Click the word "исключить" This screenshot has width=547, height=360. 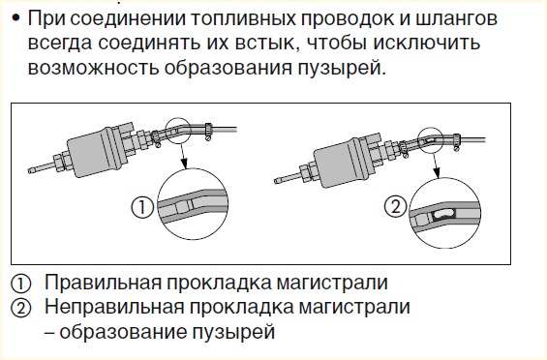point(427,43)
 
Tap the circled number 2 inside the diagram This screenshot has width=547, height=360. point(396,206)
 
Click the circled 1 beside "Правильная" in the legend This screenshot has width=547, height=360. point(21,284)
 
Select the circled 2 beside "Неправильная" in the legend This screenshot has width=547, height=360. point(21,308)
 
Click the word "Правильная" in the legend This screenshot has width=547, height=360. point(103,283)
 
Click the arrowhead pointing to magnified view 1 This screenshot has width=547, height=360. point(184,163)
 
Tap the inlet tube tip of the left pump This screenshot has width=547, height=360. point(31,170)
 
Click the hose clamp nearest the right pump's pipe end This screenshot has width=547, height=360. point(456,141)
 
